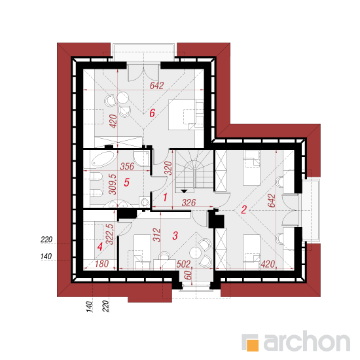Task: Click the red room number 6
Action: tap(153, 113)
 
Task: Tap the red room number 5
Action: tap(126, 183)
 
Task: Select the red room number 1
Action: tap(165, 198)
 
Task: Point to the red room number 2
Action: tap(243, 209)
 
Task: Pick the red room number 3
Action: tap(175, 236)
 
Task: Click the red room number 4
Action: tap(100, 247)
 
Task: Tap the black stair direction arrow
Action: tap(184, 191)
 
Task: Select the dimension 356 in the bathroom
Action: tap(127, 166)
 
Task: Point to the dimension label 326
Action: tap(189, 203)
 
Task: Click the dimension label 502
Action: tap(183, 264)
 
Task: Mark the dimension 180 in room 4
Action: tap(101, 264)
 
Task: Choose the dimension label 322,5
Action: tap(109, 234)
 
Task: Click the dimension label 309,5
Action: tap(113, 185)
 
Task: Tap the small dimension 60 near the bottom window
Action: tap(188, 275)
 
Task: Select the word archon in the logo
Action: tap(307, 341)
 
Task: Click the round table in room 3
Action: tap(196, 253)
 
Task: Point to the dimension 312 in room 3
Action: tap(157, 235)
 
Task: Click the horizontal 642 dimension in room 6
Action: tap(157, 86)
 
